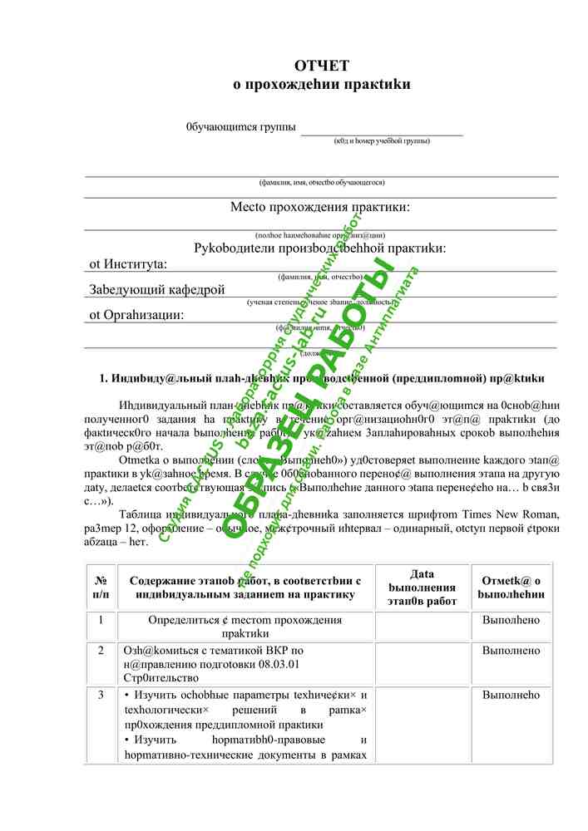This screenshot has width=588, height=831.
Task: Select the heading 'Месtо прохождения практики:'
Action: [x=320, y=207]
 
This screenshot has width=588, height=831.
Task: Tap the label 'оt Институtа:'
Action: [x=128, y=264]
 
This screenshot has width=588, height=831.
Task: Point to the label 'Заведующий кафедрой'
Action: [x=157, y=289]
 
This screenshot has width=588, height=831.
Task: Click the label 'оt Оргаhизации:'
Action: [x=136, y=315]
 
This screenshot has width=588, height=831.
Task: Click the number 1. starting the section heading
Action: [x=104, y=379]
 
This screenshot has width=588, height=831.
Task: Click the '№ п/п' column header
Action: [x=101, y=587]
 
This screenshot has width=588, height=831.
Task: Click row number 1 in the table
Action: [x=101, y=620]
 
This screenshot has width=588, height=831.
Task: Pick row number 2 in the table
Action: [x=101, y=650]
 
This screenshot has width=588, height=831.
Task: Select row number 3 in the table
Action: [x=101, y=695]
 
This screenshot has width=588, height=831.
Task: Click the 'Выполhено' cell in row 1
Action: [x=511, y=620]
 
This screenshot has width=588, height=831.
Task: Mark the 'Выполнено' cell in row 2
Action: [x=511, y=650]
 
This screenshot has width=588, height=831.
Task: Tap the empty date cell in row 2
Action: [x=422, y=663]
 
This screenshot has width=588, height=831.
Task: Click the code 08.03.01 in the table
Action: [x=279, y=664]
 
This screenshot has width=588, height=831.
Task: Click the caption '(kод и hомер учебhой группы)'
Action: [x=382, y=141]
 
